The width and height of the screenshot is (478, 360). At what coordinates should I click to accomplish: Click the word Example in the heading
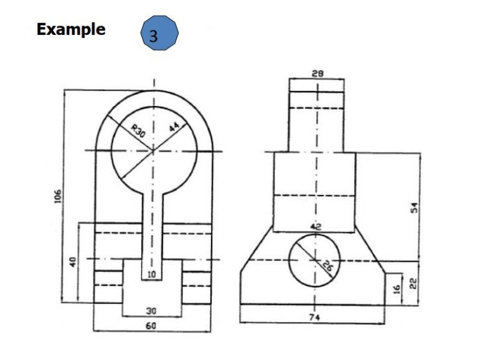pyautogui.click(x=71, y=30)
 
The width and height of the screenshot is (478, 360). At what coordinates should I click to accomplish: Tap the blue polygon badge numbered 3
pyautogui.click(x=159, y=33)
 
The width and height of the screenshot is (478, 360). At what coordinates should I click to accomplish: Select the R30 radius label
pyautogui.click(x=138, y=131)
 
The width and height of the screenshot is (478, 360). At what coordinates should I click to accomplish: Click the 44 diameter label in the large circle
pyautogui.click(x=174, y=126)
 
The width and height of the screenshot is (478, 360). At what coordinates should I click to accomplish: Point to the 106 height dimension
pyautogui.click(x=58, y=196)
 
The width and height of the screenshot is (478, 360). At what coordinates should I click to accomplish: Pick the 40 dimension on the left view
pyautogui.click(x=73, y=262)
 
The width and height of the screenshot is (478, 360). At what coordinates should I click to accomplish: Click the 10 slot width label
pyautogui.click(x=151, y=275)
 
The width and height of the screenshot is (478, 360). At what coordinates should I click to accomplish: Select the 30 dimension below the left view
pyautogui.click(x=151, y=311)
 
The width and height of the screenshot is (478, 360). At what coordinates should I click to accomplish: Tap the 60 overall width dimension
pyautogui.click(x=151, y=326)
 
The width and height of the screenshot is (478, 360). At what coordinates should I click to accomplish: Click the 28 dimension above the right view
pyautogui.click(x=317, y=73)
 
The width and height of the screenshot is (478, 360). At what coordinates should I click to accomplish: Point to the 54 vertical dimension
pyautogui.click(x=415, y=208)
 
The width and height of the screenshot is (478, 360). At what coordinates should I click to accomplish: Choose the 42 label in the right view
pyautogui.click(x=316, y=227)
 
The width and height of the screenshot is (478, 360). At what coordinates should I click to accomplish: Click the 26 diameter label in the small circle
pyautogui.click(x=327, y=267)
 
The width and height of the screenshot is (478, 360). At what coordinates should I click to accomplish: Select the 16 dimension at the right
pyautogui.click(x=396, y=289)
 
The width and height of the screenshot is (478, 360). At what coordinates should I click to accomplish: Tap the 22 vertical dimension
pyautogui.click(x=413, y=284)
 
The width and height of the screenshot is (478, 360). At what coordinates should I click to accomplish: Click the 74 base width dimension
pyautogui.click(x=314, y=318)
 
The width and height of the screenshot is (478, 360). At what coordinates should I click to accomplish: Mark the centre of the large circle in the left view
pyautogui.click(x=153, y=151)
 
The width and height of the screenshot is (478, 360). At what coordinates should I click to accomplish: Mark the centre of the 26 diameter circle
pyautogui.click(x=314, y=260)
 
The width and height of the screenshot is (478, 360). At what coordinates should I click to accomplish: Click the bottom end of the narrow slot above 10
pyautogui.click(x=152, y=280)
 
